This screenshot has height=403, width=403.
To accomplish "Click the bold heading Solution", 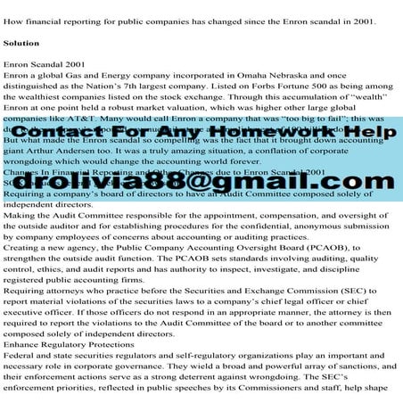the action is [21, 43].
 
